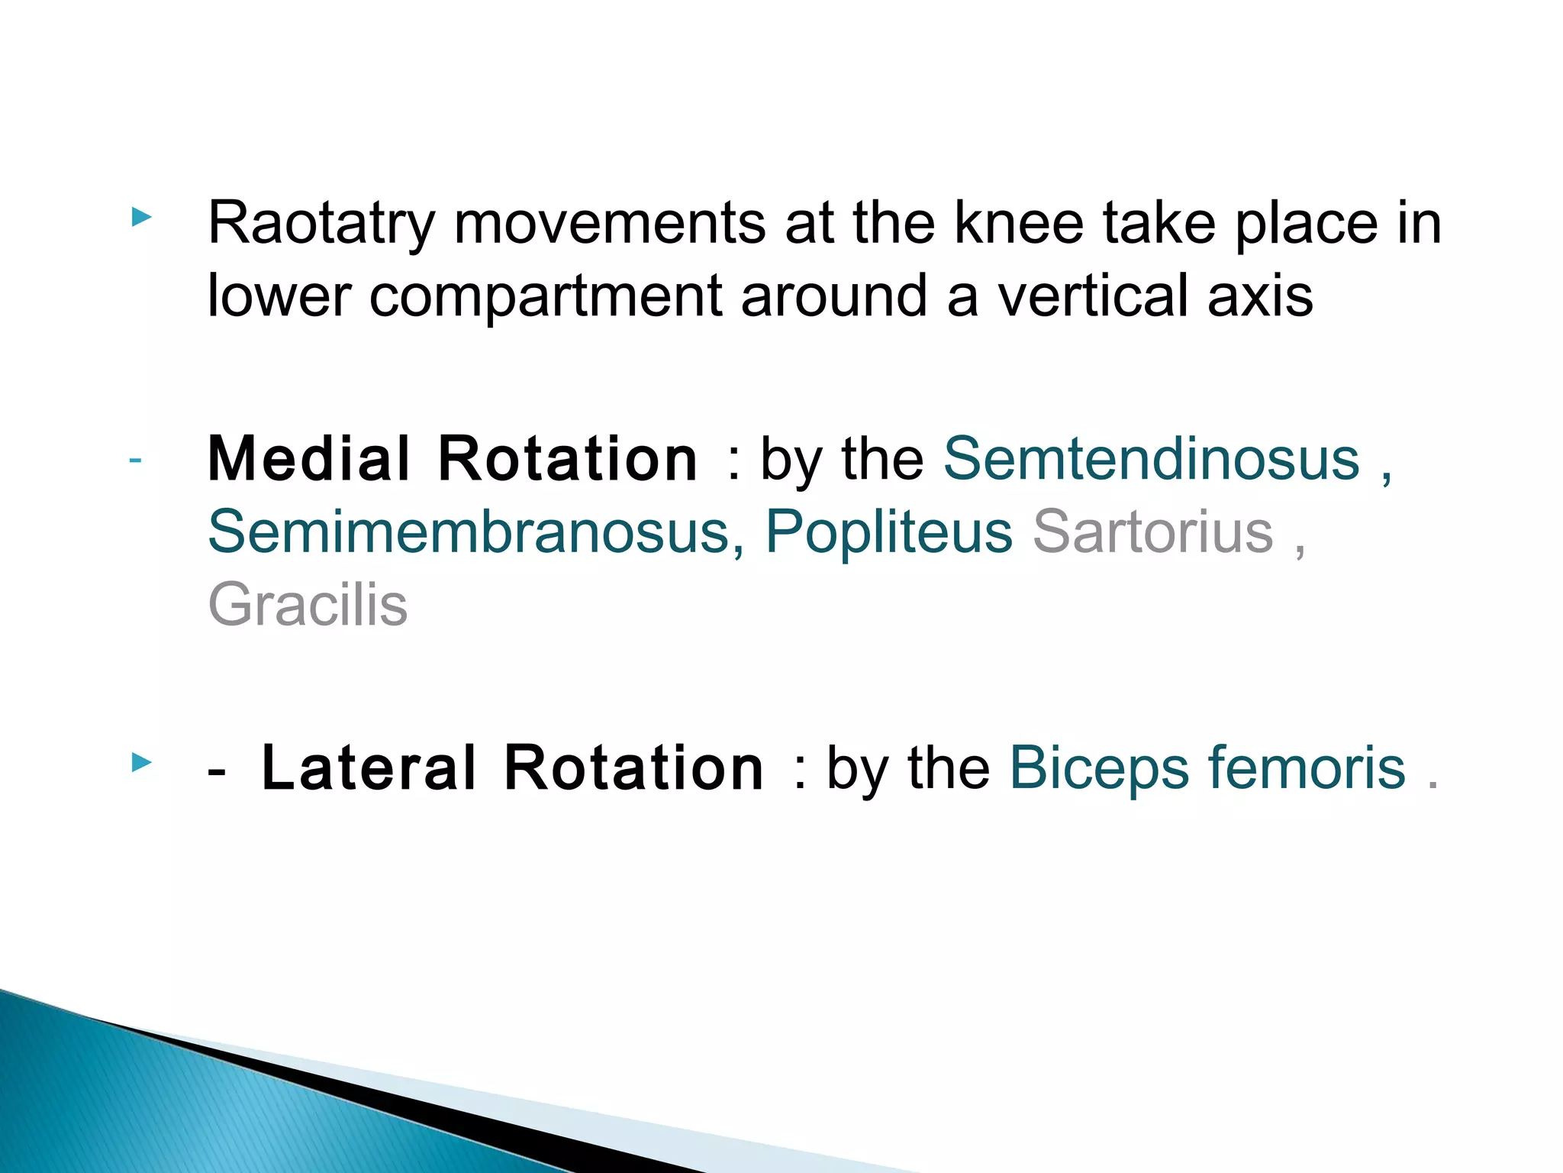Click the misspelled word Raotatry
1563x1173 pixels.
(x=321, y=224)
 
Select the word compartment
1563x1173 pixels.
(x=545, y=296)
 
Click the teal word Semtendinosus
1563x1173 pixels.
(x=1152, y=459)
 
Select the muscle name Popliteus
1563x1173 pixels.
(x=888, y=532)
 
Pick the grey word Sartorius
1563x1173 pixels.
(x=1152, y=532)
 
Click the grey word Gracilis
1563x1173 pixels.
(x=308, y=604)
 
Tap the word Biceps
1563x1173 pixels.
(x=1099, y=768)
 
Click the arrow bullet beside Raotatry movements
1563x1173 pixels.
(x=141, y=218)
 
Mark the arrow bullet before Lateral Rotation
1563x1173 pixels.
(x=141, y=762)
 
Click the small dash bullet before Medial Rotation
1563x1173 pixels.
(x=135, y=460)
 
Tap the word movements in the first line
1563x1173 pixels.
(x=610, y=224)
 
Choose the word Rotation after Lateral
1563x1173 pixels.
(x=633, y=768)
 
